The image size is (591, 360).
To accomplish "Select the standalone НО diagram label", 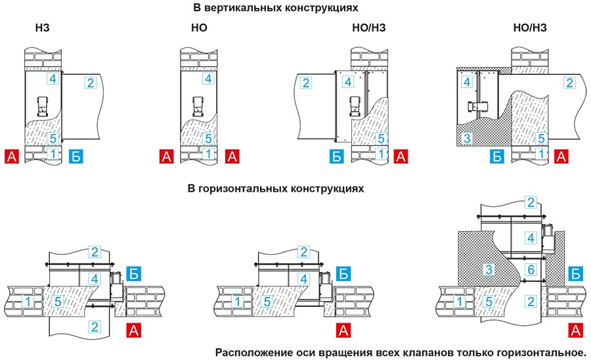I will click(198, 28).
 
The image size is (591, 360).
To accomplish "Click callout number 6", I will click(532, 269).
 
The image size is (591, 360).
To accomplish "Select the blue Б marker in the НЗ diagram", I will click(77, 156).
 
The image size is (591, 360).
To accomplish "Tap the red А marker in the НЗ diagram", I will click(12, 156).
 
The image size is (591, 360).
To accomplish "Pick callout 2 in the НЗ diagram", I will click(91, 82).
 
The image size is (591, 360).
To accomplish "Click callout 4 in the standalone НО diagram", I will click(208, 79).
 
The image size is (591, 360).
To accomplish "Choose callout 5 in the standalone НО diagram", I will click(208, 139).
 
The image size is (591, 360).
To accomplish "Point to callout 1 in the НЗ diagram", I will click(53, 154).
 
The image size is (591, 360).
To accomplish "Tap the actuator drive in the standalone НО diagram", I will click(197, 105).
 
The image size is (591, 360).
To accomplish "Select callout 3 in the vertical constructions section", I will click(467, 139).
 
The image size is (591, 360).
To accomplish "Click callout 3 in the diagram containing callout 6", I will click(488, 269).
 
